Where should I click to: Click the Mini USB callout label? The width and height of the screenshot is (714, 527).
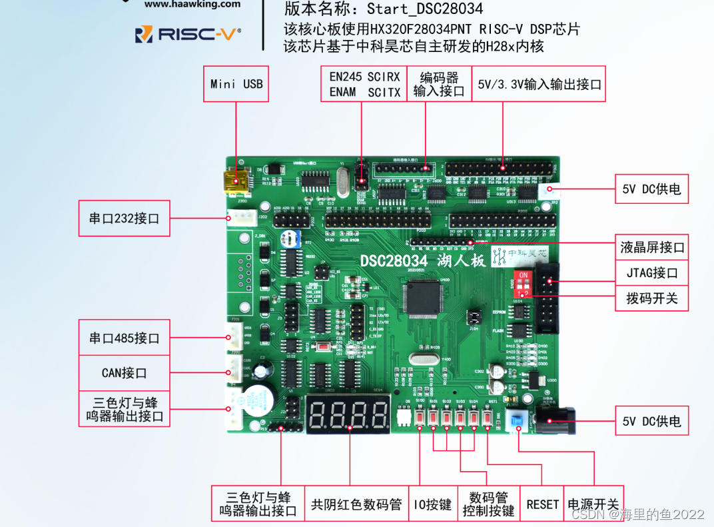coord(236,84)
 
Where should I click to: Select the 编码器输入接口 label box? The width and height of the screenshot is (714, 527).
coord(438,84)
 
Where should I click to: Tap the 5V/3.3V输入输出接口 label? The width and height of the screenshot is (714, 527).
coord(539,84)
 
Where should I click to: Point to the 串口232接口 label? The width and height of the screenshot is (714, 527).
coord(124,218)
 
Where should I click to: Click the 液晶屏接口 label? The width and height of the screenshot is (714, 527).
coord(652,248)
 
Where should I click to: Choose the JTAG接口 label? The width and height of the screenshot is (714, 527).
coord(652,272)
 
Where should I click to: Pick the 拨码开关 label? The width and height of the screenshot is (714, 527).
coord(652,298)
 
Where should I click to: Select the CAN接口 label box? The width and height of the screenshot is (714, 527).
coord(124,372)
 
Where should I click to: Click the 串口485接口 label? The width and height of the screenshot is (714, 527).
coord(124,338)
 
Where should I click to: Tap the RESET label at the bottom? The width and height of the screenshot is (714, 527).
coord(542,504)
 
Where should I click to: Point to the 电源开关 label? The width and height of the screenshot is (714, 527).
coord(592,504)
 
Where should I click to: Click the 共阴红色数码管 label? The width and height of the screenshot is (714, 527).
coord(356,504)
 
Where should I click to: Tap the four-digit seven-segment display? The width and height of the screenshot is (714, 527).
coord(348,414)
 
